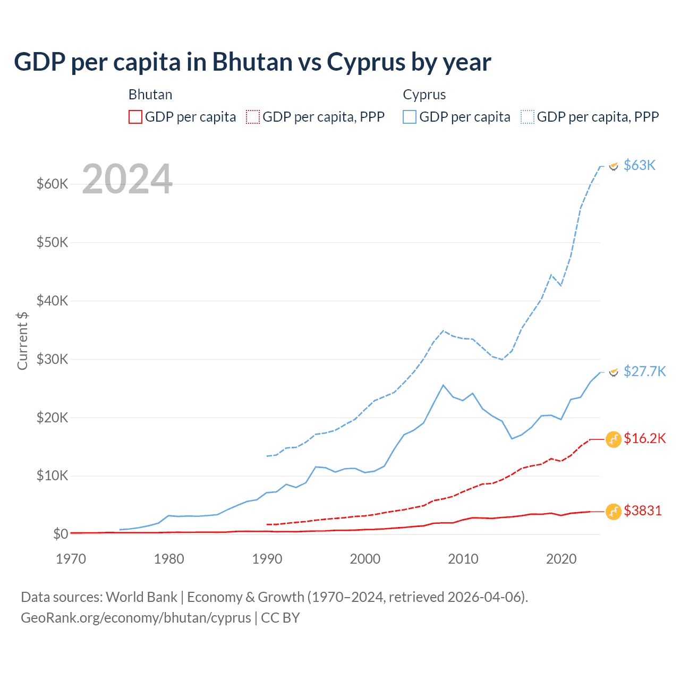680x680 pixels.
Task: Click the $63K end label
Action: [x=639, y=165]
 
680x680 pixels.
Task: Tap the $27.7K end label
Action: [x=644, y=371]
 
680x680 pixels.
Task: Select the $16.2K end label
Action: [x=644, y=438]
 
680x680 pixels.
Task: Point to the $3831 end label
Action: [x=642, y=511]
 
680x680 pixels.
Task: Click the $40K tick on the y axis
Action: [x=52, y=301]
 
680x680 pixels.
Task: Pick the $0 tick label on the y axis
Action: [x=61, y=534]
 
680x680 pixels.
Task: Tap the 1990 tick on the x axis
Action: [x=267, y=559]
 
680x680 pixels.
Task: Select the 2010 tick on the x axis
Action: [x=463, y=559]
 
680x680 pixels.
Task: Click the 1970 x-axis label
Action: [x=71, y=559]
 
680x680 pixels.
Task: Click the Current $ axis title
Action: [x=22, y=341]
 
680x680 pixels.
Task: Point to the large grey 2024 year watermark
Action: [x=127, y=179]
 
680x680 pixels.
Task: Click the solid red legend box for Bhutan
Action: [x=135, y=117]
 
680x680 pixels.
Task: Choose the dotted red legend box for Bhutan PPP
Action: [x=253, y=117]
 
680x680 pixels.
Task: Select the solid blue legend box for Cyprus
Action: [x=410, y=117]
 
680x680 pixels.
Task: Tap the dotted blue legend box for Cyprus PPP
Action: [x=528, y=117]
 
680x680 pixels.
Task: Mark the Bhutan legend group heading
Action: [x=150, y=95]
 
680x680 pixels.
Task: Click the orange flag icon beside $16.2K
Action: [x=614, y=439]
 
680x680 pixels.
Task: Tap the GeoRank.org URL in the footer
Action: [x=136, y=618]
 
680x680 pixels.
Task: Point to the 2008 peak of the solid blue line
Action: [x=443, y=385]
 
